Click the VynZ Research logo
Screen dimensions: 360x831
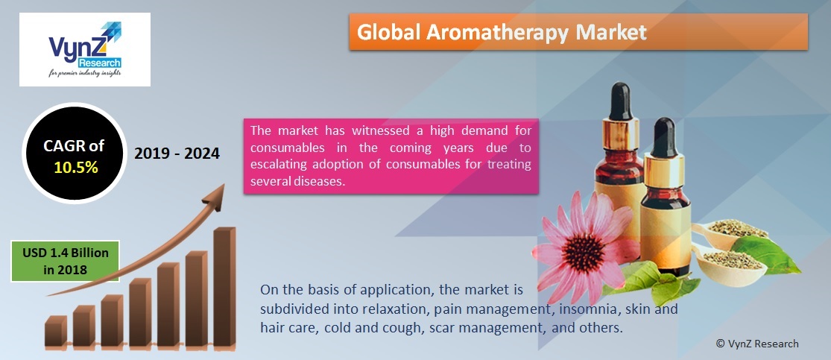84,49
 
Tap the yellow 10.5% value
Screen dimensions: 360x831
75,167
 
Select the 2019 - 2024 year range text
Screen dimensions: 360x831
177,154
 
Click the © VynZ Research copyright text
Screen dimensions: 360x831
756,344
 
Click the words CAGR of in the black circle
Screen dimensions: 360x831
75,146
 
